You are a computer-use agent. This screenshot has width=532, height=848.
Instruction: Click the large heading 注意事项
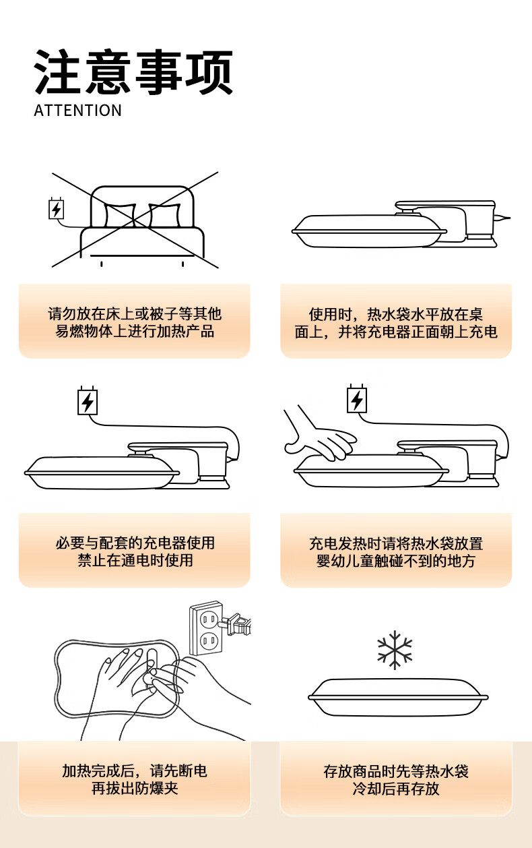pyautogui.click(x=133, y=72)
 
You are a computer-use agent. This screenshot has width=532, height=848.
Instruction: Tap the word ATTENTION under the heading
pyautogui.click(x=78, y=111)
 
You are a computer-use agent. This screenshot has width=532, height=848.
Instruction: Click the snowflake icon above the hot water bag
pyautogui.click(x=395, y=650)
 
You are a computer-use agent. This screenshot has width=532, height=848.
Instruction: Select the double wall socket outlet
pyautogui.click(x=205, y=629)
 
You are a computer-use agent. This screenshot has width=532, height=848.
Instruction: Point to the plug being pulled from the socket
pyautogui.click(x=236, y=624)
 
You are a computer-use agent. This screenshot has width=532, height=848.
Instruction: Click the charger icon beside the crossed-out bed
pyautogui.click(x=57, y=208)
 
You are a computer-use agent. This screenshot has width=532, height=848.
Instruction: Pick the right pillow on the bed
pyautogui.click(x=164, y=216)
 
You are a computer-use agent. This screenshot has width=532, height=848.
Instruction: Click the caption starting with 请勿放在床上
pyautogui.click(x=135, y=322)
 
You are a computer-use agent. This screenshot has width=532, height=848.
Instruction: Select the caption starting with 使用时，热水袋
pyautogui.click(x=396, y=323)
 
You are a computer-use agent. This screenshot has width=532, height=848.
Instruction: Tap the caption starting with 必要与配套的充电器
pyautogui.click(x=135, y=551)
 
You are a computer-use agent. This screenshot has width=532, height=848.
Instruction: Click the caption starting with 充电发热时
pyautogui.click(x=396, y=552)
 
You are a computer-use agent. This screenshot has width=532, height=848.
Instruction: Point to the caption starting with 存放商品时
pyautogui.click(x=396, y=780)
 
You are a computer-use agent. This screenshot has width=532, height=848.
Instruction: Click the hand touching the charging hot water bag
pyautogui.click(x=320, y=434)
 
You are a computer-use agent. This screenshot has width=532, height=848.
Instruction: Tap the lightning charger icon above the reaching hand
pyautogui.click(x=357, y=399)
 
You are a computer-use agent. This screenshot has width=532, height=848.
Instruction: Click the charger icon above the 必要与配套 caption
pyautogui.click(x=88, y=400)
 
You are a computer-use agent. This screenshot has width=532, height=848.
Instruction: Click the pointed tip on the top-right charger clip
pyautogui.click(x=509, y=218)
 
